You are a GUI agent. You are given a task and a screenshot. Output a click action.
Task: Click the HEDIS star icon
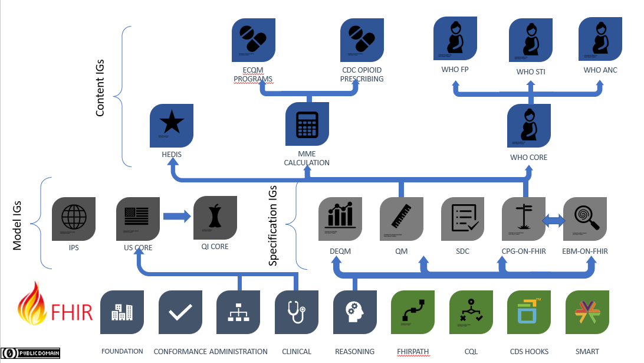coord(172,125)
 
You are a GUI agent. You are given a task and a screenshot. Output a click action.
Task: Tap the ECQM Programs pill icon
coord(253,40)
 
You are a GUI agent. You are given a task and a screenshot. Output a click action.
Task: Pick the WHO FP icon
coord(455,38)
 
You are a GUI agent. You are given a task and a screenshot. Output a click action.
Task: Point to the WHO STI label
coord(530,72)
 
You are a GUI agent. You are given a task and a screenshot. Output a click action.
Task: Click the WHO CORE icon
coord(529,125)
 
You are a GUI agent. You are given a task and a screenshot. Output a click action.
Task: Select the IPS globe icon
coord(74,218)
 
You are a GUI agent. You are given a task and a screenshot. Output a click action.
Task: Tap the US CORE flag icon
coord(138,218)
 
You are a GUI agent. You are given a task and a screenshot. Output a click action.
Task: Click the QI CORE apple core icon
coord(215,218)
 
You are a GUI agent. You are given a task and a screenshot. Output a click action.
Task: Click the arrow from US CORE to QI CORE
coord(176,217)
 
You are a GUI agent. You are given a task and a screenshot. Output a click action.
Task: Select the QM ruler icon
coord(401,218)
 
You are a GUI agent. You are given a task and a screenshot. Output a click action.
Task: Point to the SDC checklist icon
coord(463,218)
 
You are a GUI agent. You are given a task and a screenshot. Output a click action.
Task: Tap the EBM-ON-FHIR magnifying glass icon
coord(585,218)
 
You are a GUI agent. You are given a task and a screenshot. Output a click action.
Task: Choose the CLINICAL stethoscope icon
coord(297,312)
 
